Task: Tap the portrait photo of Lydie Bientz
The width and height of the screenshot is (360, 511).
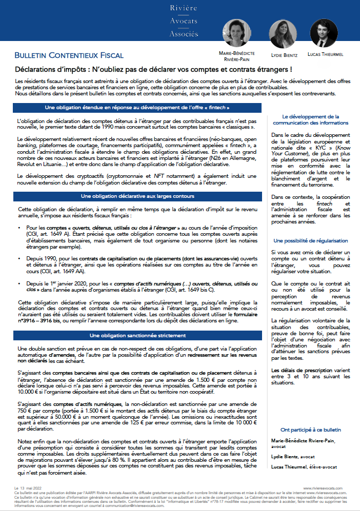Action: pos(280,34)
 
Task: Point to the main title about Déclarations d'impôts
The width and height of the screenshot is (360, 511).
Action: pos(153,69)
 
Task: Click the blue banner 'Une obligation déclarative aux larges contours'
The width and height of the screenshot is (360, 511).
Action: pos(137,196)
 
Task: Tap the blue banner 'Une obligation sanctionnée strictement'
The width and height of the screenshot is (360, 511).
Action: pos(137,335)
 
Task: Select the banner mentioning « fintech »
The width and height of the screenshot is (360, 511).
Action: pos(137,108)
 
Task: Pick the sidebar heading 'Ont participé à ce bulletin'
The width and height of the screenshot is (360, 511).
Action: pos(311,430)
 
